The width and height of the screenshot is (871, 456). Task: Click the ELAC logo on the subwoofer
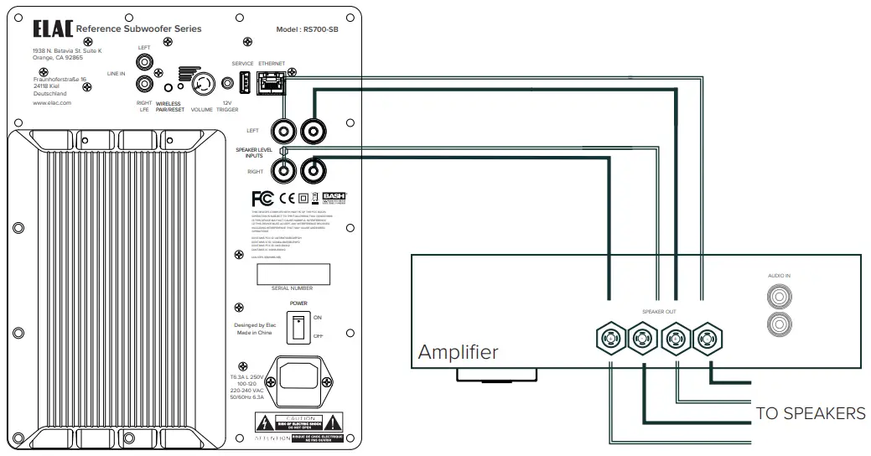pos(52,29)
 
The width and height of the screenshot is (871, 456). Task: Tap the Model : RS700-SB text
pos(307,29)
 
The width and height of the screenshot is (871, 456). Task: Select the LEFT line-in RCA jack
pos(145,62)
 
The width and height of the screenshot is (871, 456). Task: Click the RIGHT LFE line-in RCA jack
pos(145,84)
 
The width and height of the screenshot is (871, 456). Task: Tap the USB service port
pos(245,82)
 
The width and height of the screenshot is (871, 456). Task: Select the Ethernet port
pos(272,81)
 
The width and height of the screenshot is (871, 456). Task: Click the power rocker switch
pos(294,327)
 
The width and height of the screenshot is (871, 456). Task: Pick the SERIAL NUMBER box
pos(292,274)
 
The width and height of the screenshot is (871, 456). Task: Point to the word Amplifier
pos(458,351)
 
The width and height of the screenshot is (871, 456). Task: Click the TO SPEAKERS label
pos(810,413)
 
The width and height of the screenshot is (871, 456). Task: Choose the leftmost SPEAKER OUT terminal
pos(609,339)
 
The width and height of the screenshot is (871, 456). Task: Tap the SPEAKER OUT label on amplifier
pos(659,311)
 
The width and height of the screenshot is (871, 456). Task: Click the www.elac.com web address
pos(53,103)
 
